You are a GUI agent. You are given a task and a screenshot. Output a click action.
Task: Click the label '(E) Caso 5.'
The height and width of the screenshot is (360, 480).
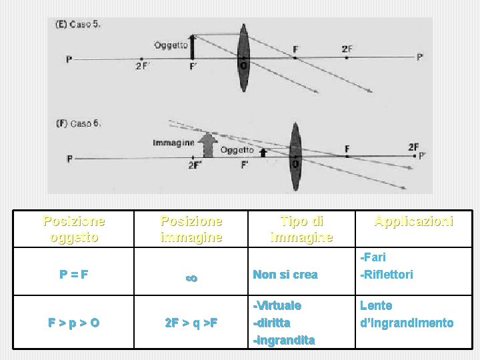tap(78, 25)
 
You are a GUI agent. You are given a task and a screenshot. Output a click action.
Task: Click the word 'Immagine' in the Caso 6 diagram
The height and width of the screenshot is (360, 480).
tap(173, 142)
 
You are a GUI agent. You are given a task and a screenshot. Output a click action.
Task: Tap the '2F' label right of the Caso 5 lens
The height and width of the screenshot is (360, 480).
tap(347, 49)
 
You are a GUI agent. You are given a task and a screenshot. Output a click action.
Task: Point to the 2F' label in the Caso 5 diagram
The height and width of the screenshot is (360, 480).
tap(142, 65)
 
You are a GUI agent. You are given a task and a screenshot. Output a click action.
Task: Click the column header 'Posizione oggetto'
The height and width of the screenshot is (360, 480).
tap(74, 228)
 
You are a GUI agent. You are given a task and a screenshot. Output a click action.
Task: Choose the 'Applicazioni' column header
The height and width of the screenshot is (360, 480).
tap(413, 220)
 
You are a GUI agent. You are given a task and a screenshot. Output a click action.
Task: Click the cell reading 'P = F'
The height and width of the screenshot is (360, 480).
tap(74, 274)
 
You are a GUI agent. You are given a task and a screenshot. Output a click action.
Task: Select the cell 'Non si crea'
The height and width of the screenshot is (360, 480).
tap(285, 274)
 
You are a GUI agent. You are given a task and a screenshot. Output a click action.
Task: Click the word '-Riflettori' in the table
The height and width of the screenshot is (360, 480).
tap(387, 274)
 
